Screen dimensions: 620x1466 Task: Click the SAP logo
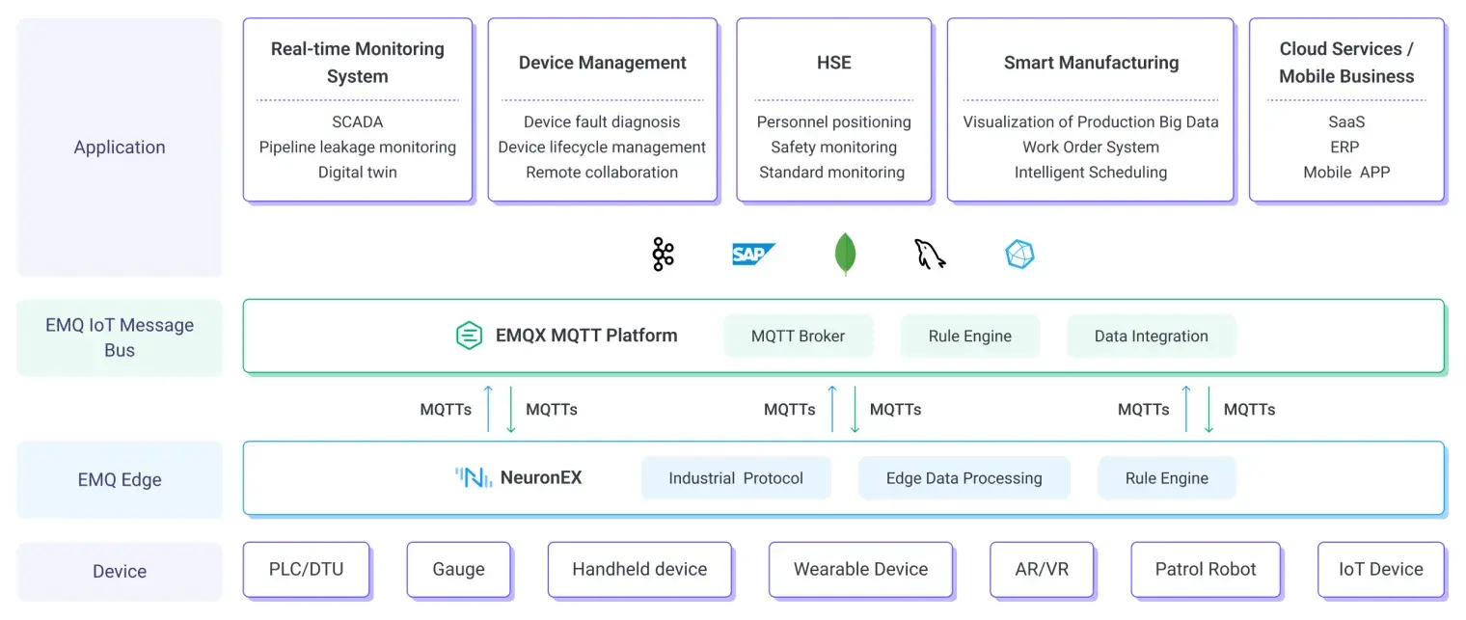(753, 255)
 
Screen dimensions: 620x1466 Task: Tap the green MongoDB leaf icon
(845, 255)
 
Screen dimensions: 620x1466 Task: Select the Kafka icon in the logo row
(663, 255)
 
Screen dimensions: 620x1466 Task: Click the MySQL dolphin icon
(930, 255)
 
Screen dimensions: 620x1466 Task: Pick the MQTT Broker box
(798, 337)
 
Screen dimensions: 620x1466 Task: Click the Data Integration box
(1151, 337)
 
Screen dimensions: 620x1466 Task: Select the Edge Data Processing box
(964, 478)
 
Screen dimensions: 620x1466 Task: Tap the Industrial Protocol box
(735, 478)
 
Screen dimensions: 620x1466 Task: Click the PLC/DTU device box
(306, 570)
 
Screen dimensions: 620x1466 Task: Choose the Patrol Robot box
(1206, 570)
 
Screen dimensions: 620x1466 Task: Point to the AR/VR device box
(1042, 570)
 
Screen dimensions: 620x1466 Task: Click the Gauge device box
(458, 570)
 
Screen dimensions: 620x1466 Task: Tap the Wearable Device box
(860, 570)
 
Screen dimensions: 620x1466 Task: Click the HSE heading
(833, 63)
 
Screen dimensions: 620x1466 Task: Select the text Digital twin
(357, 173)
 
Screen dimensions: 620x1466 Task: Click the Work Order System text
(1091, 148)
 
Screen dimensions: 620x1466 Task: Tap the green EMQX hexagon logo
(469, 336)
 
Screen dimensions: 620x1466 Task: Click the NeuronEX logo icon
(474, 477)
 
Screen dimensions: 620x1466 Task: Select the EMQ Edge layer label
(120, 479)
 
